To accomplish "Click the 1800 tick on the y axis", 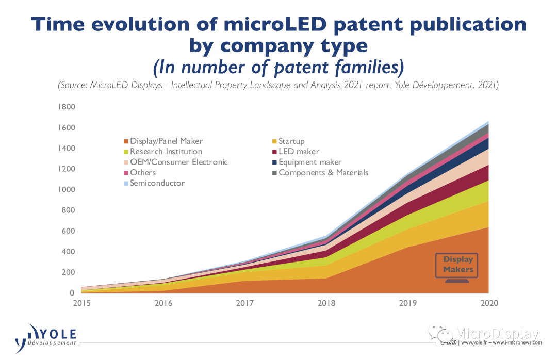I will pyautogui.click(x=68, y=107).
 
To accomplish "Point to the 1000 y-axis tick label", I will pyautogui.click(x=68, y=190).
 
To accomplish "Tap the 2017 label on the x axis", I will pyautogui.click(x=244, y=303).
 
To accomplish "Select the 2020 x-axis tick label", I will pyautogui.click(x=488, y=303).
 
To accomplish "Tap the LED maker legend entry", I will pyautogui.click(x=299, y=152).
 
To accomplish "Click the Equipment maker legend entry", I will pyautogui.click(x=310, y=162).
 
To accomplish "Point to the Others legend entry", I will pyautogui.click(x=142, y=173).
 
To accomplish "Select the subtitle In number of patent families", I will pyautogui.click(x=278, y=68).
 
